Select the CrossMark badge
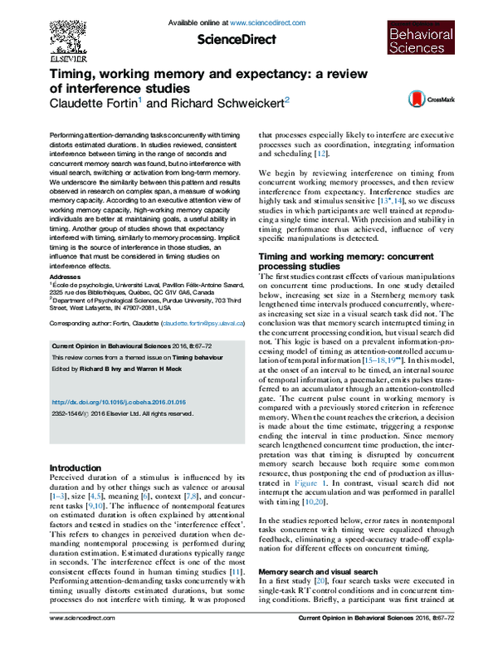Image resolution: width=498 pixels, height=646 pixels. coord(420,100)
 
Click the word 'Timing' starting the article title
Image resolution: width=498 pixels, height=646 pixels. coord(74,73)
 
